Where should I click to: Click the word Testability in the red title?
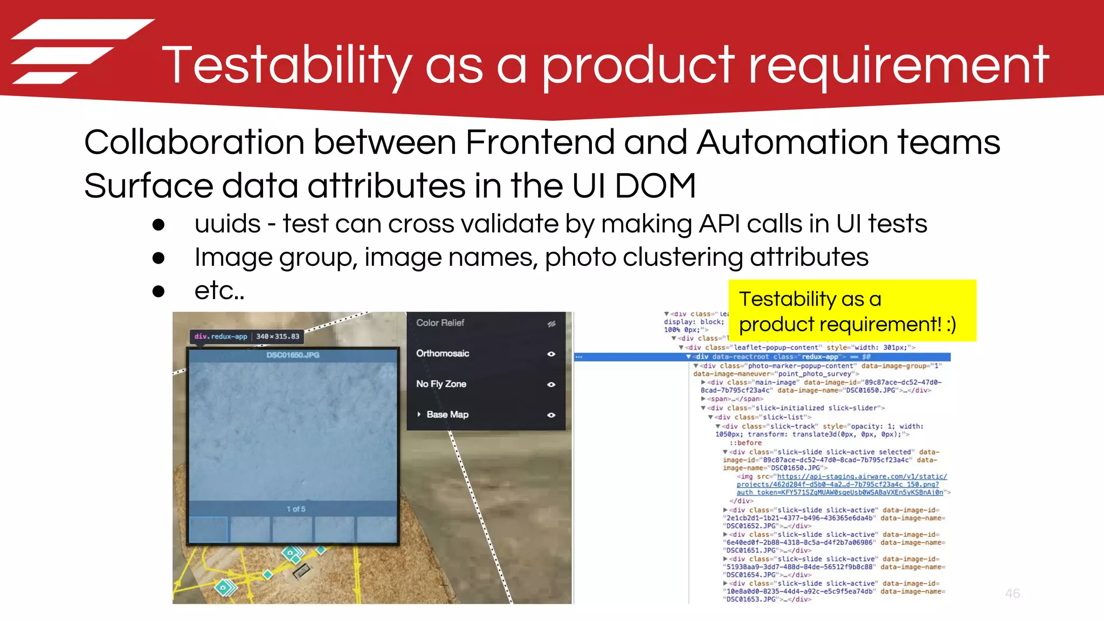click(x=286, y=66)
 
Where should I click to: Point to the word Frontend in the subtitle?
click(x=539, y=142)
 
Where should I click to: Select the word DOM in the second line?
click(x=655, y=186)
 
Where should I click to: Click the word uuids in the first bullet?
click(x=227, y=224)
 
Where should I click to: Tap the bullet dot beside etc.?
click(x=158, y=292)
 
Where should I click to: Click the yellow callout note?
click(x=852, y=311)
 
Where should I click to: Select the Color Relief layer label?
click(x=440, y=323)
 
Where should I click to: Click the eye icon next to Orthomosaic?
click(x=551, y=354)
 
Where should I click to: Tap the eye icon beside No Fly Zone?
click(x=551, y=384)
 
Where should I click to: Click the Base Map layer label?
click(x=447, y=415)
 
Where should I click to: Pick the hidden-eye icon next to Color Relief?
click(x=551, y=324)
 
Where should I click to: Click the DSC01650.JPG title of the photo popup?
click(x=293, y=355)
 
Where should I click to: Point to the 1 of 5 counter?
click(x=295, y=509)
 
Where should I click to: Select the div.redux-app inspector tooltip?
click(x=246, y=336)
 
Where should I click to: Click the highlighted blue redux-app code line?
click(x=765, y=357)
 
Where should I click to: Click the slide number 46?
click(x=1012, y=594)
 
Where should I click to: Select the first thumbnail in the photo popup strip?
click(x=209, y=529)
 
